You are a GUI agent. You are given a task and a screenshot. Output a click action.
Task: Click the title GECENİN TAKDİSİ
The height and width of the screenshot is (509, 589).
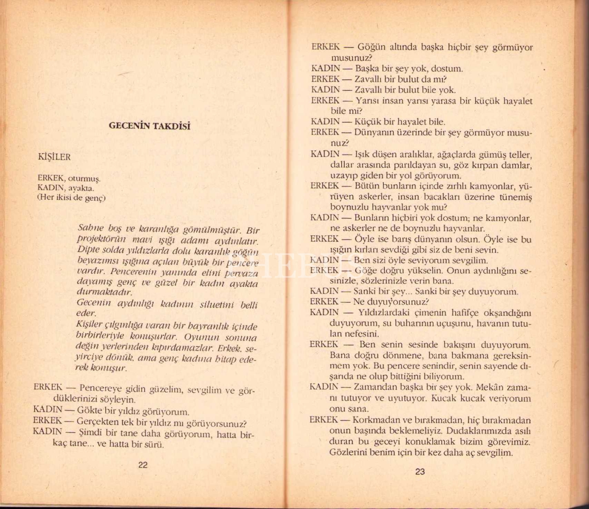coord(149,126)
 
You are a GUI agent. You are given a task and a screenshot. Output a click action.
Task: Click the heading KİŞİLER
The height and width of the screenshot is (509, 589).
coord(54,157)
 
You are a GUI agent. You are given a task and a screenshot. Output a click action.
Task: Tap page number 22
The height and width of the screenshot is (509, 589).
coord(143,465)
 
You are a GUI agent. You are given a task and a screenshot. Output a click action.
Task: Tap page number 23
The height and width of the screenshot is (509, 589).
coord(420,472)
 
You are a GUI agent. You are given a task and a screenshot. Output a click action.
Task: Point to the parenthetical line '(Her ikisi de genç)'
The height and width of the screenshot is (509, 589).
coord(71,198)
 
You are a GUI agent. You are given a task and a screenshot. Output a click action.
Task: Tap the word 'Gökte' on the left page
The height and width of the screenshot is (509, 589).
coord(90,411)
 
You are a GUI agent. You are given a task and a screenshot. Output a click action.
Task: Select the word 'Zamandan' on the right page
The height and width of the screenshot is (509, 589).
coord(372,387)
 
